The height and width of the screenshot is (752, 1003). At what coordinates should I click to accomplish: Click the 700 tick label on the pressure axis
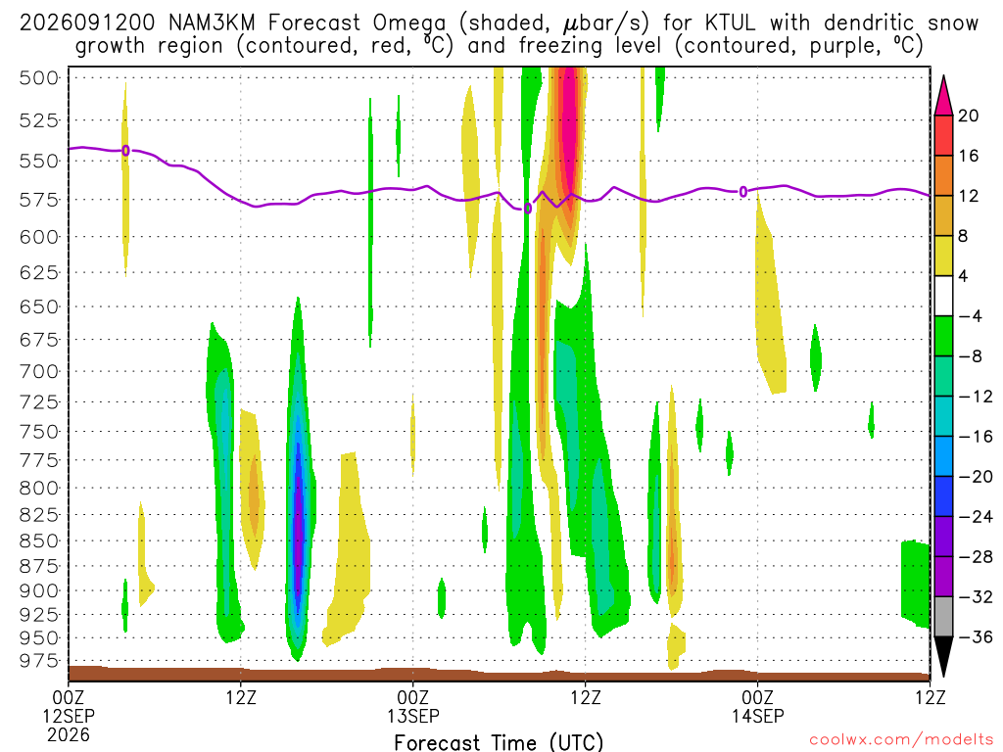point(39,371)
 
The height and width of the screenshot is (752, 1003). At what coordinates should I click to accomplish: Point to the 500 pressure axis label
point(39,78)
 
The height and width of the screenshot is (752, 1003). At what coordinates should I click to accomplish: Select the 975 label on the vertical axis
point(39,660)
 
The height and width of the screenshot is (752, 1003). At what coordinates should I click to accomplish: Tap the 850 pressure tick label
point(39,540)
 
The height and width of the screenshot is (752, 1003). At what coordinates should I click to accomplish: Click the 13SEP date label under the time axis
point(412,716)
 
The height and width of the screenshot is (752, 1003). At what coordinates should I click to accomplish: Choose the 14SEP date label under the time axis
point(757,716)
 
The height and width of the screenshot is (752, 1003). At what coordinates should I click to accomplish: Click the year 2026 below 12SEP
point(68,734)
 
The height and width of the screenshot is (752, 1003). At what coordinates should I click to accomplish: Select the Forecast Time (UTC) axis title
point(499,742)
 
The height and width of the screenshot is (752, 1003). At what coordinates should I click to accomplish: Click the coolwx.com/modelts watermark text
point(901,740)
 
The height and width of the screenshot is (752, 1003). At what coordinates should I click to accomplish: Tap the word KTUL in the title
point(729,23)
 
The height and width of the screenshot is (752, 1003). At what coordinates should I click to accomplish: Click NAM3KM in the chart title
point(212,23)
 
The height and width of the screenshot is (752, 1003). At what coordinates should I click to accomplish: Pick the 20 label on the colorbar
point(969,116)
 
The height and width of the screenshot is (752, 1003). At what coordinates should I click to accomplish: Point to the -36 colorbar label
point(976,636)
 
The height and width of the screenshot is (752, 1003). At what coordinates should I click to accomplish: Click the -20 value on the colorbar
point(976,477)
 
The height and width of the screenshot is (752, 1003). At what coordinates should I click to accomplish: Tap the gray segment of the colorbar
point(943,617)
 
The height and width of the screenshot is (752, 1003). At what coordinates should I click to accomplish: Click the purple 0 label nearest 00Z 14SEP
point(742,191)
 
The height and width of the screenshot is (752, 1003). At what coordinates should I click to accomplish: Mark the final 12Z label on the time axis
point(930,697)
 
